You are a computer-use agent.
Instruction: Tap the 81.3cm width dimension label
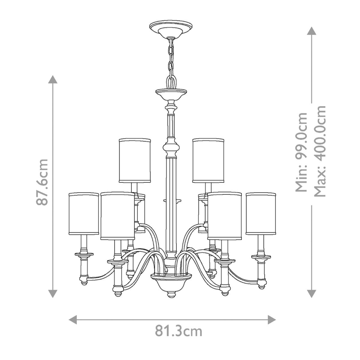(178, 331)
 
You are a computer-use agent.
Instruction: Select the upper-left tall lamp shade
(135, 161)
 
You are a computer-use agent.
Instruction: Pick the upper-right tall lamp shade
(208, 161)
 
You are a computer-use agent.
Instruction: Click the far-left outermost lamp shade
(83, 213)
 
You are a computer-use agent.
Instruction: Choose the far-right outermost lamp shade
(261, 213)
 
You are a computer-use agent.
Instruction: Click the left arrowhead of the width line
(73, 319)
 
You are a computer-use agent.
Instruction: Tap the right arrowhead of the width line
(272, 319)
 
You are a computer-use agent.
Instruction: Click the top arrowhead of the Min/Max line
(311, 31)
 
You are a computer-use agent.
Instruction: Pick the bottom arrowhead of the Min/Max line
(311, 293)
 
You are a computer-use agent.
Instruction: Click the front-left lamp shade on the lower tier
(117, 215)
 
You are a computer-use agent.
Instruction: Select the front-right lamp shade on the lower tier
(224, 215)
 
